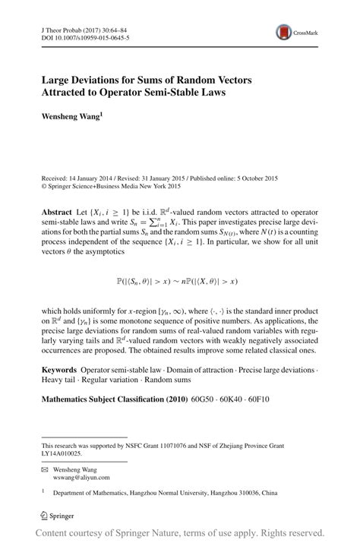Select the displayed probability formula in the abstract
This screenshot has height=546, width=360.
180,281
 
